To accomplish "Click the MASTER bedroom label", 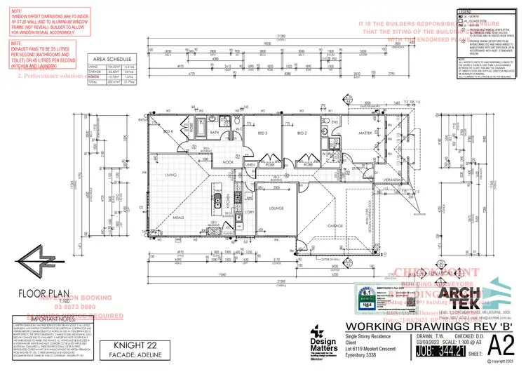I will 365,132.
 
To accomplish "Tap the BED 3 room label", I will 263,132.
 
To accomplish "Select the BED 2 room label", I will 303,132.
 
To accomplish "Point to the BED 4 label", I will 168,132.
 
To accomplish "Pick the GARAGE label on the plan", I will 335,225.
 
